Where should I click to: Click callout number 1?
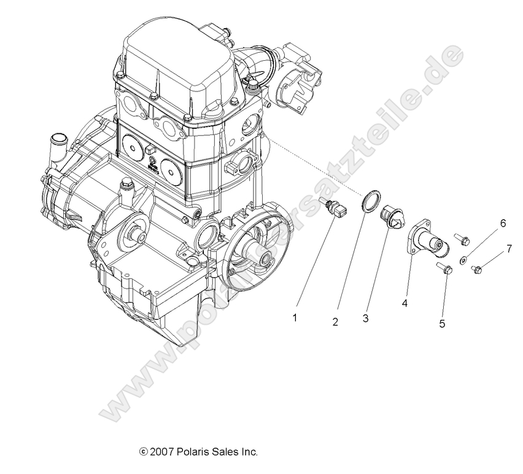(x=295, y=317)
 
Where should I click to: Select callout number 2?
(x=335, y=321)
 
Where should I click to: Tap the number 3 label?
(x=365, y=318)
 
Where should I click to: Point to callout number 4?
(x=405, y=302)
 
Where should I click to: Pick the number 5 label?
(x=442, y=324)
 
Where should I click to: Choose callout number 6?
(x=502, y=223)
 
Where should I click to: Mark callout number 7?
(x=508, y=249)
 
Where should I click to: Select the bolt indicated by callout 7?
(x=478, y=268)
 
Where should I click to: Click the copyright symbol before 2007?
(x=143, y=453)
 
